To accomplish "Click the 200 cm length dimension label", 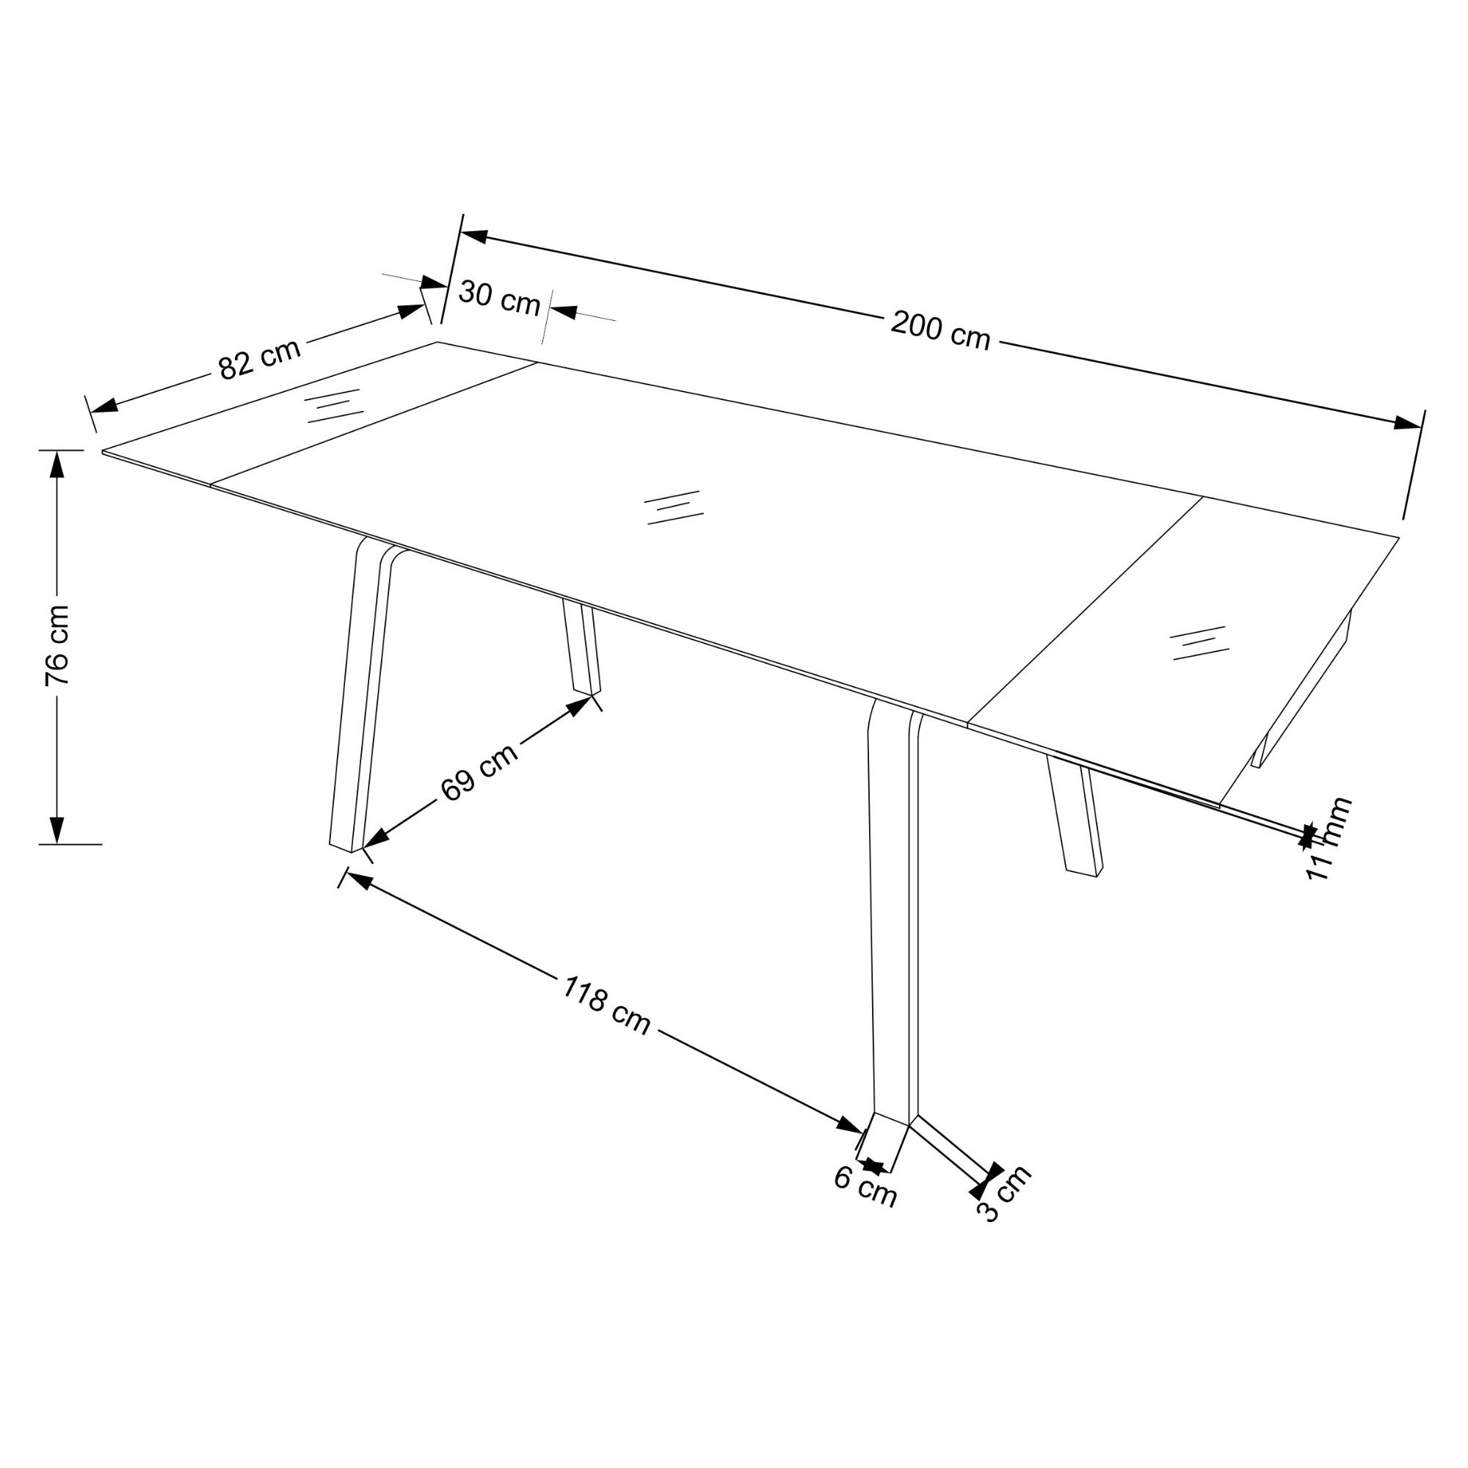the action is click(x=941, y=330).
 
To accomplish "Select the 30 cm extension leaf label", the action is click(x=499, y=297).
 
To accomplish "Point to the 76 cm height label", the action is click(x=58, y=645).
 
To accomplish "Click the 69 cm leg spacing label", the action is click(x=479, y=771).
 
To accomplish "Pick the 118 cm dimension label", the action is click(x=606, y=1006).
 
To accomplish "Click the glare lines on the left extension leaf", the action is click(x=333, y=406).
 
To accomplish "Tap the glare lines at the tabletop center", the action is click(x=673, y=506).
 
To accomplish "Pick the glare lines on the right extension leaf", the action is click(x=1200, y=643).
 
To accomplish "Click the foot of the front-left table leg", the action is click(x=346, y=844).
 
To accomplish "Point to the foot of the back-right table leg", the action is click(x=1083, y=872).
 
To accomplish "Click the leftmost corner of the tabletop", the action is click(x=103, y=452).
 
